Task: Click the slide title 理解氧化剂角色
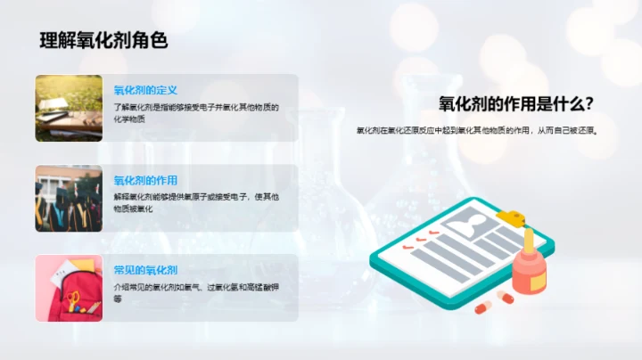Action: click(x=103, y=41)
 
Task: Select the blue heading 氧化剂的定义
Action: click(x=146, y=90)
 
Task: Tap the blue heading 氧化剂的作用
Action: click(x=146, y=180)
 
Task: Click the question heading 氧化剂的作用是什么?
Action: click(x=517, y=102)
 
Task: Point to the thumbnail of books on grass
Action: click(x=69, y=108)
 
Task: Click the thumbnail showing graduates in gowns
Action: click(x=69, y=198)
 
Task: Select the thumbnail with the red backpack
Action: click(x=69, y=288)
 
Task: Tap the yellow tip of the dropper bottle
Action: click(x=529, y=237)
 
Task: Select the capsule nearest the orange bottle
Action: click(x=505, y=297)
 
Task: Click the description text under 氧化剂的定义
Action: click(x=196, y=113)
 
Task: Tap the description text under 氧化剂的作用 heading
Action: click(x=196, y=202)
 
